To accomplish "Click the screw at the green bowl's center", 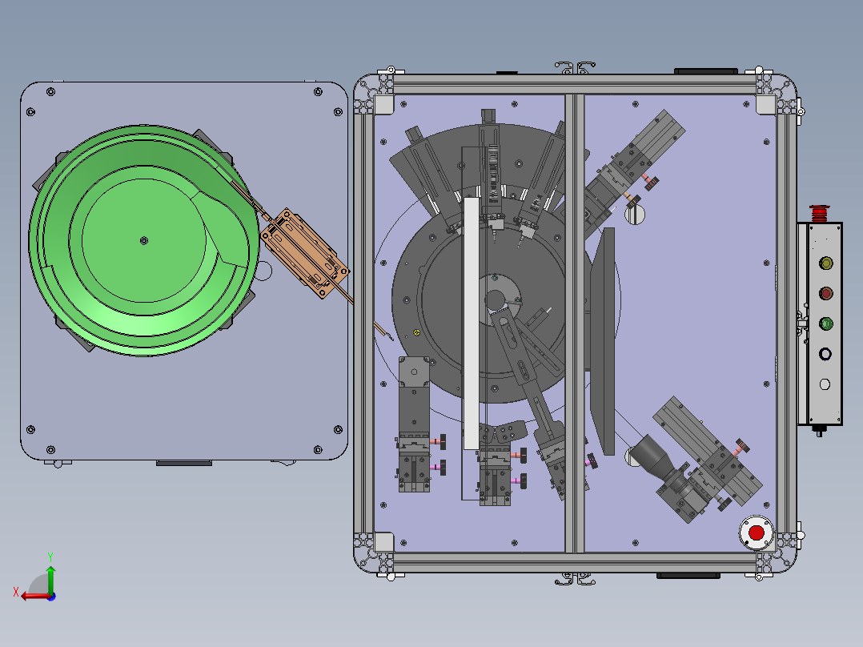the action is click(x=144, y=241).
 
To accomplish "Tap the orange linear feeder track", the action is click(x=304, y=253).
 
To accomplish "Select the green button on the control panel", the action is click(x=825, y=323).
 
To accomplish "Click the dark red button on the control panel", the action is click(x=825, y=294).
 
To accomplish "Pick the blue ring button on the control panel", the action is click(x=825, y=354).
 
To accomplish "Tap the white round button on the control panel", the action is click(x=825, y=384).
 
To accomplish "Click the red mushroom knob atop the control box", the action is click(x=820, y=213).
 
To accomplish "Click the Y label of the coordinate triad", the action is click(x=50, y=557).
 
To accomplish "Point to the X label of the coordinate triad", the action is click(x=16, y=592).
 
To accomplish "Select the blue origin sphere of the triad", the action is click(x=51, y=597).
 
